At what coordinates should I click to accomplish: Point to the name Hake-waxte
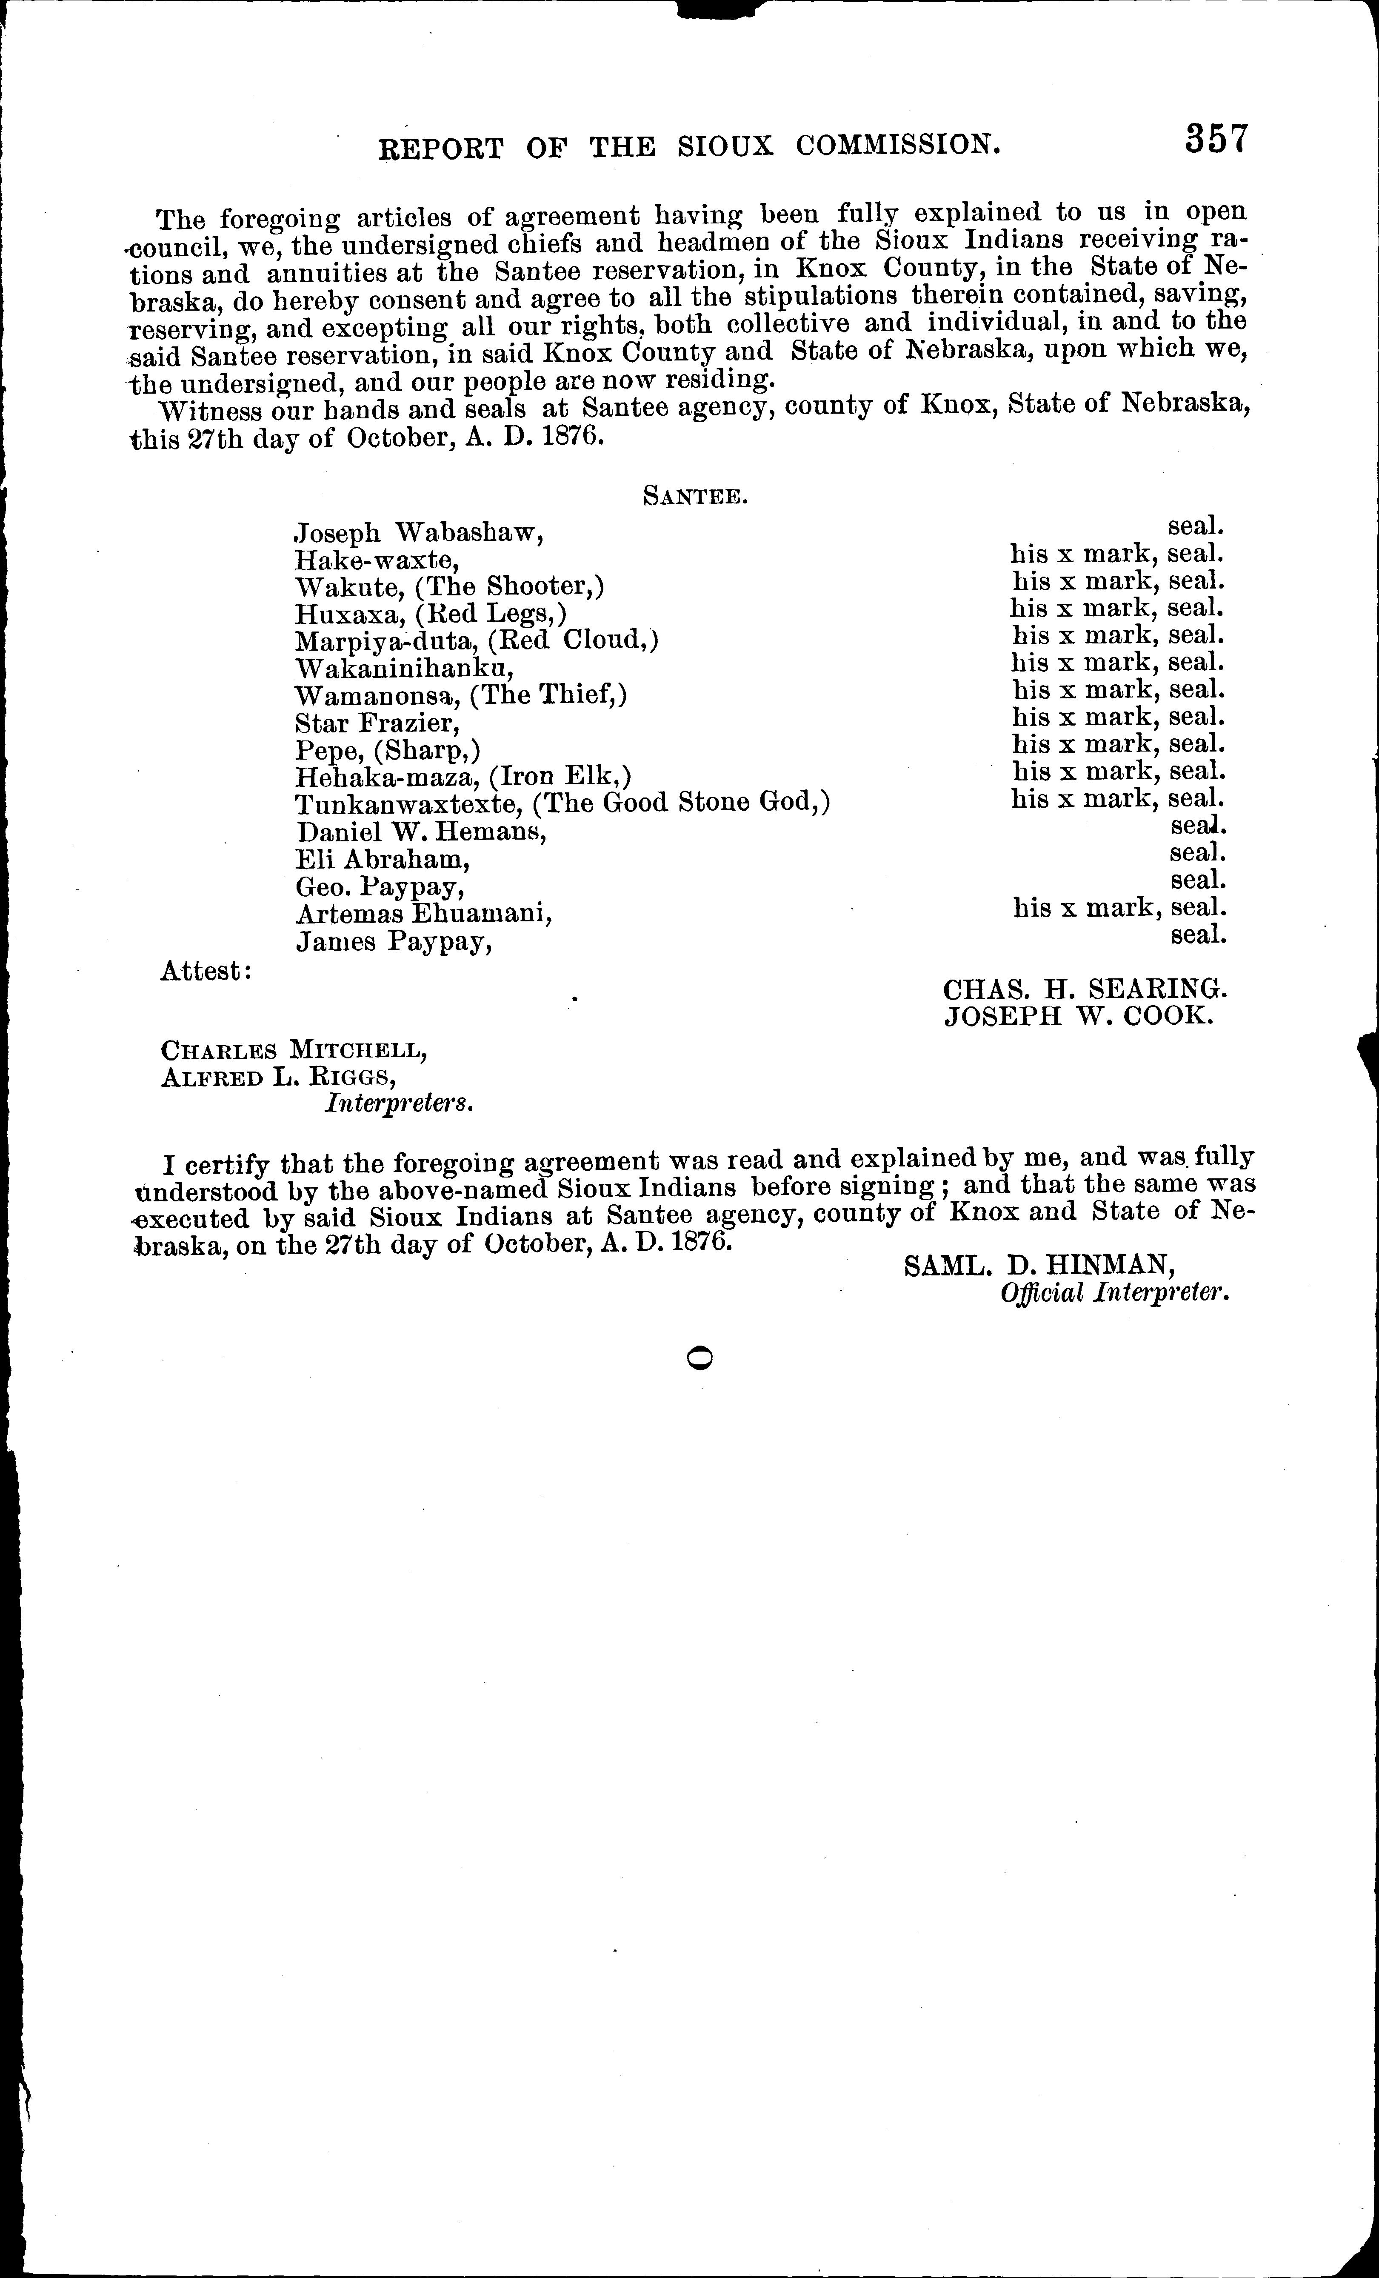(377, 560)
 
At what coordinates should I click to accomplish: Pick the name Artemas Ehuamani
(424, 913)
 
